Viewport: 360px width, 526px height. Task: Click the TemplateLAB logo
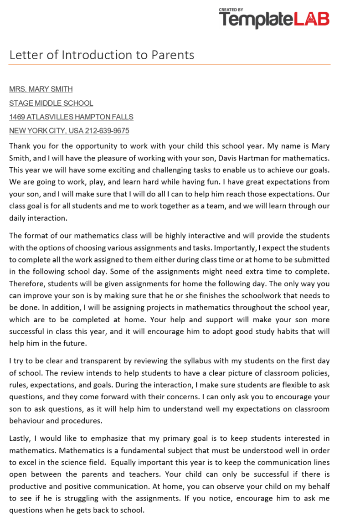tap(274, 19)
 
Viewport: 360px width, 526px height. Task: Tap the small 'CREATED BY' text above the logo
tap(231, 9)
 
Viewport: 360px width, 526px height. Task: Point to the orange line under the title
tap(170, 64)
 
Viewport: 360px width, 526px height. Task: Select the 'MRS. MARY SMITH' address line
tap(41, 89)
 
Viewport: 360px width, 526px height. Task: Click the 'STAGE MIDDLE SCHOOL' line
tap(51, 103)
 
